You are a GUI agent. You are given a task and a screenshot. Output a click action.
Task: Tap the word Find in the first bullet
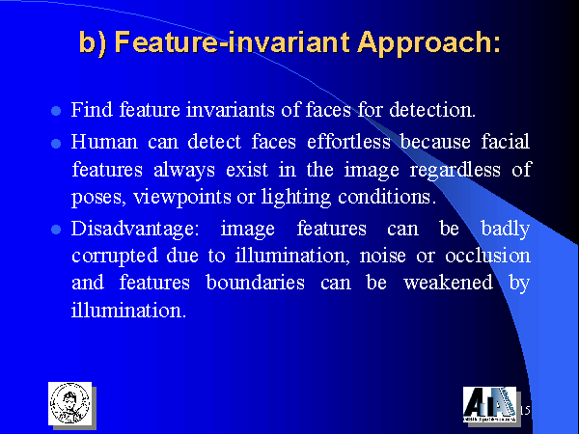coord(92,110)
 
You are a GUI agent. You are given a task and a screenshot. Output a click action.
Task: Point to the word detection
coord(432,110)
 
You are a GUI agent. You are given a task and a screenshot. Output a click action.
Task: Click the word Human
coord(104,142)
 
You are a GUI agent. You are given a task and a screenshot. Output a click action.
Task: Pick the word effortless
coord(348,142)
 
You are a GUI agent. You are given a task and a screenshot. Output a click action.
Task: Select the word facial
coord(506,142)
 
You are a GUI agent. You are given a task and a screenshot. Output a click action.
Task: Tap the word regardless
coord(455,171)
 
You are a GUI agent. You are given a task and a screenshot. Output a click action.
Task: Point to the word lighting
coord(296,198)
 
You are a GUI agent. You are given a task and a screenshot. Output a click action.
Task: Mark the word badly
coord(506,229)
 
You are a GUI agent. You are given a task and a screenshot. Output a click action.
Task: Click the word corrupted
coord(115,257)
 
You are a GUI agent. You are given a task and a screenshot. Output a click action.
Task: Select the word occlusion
coord(487,256)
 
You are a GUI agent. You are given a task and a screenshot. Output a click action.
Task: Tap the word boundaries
coord(256,283)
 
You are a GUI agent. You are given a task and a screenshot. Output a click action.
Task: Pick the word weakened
coord(449,283)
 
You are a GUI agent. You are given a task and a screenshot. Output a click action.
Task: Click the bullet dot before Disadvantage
coord(56,230)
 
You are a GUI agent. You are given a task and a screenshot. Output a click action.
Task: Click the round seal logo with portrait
coord(70,403)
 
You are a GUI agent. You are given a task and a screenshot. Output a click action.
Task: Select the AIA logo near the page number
coord(490,404)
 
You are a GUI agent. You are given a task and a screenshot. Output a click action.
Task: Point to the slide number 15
coord(525,411)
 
